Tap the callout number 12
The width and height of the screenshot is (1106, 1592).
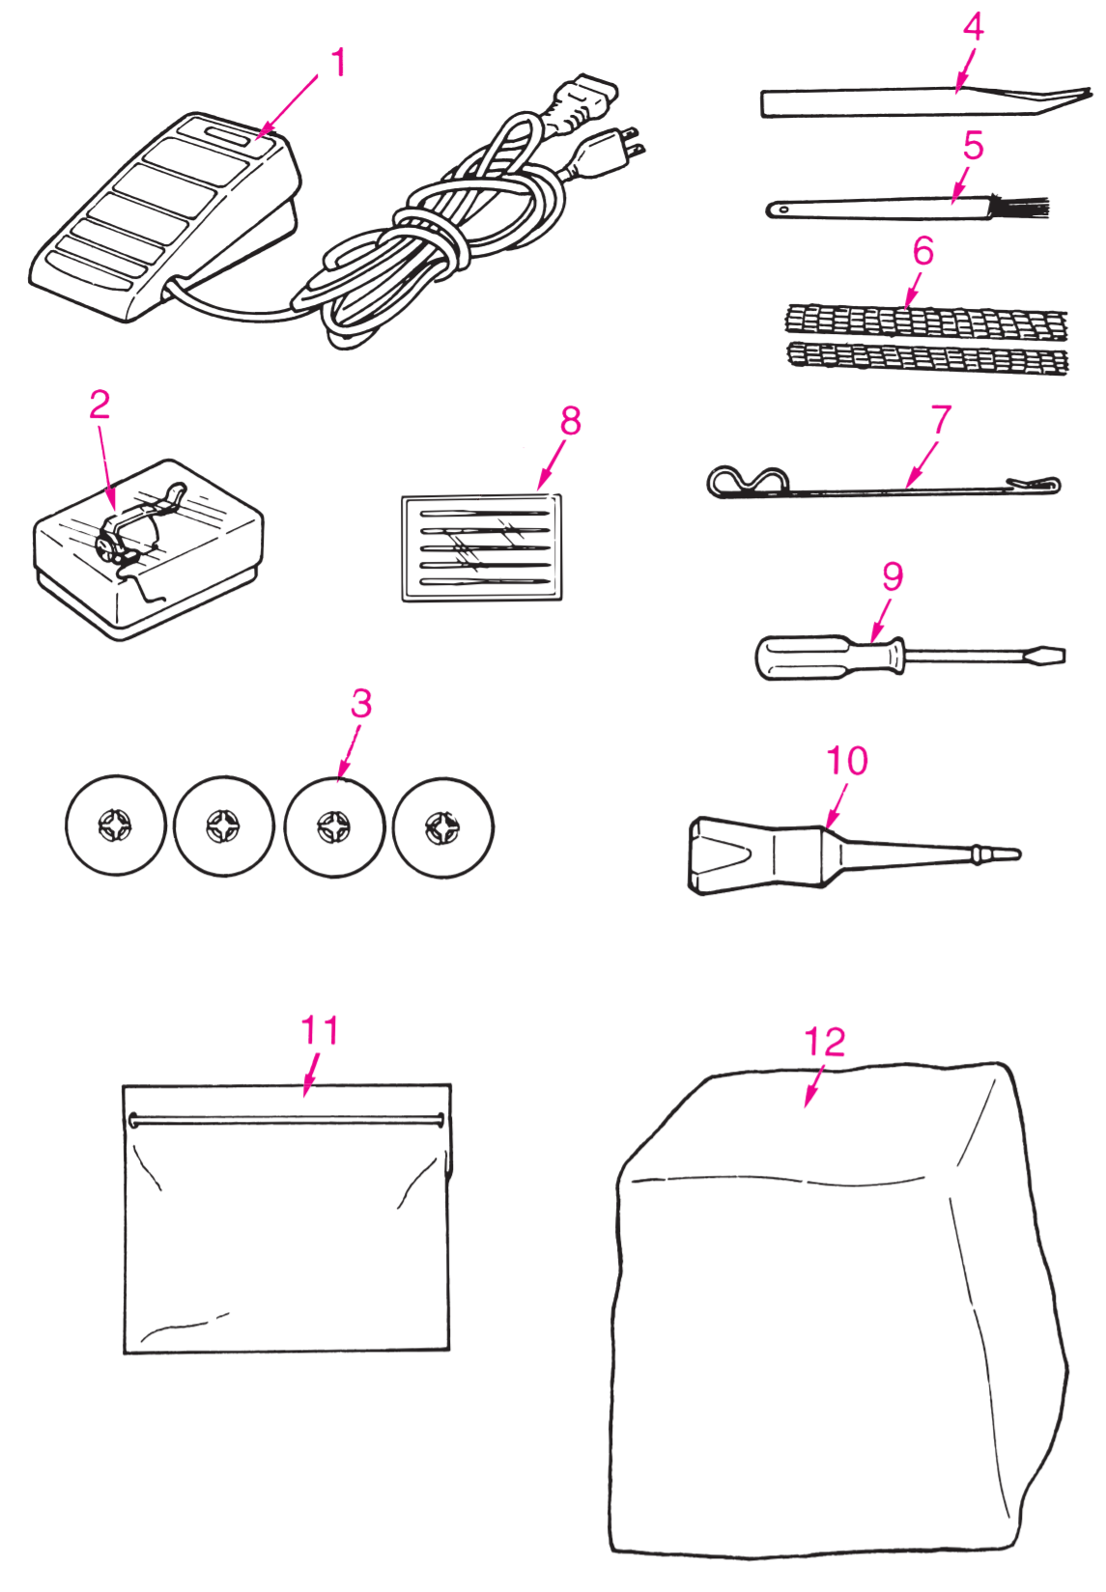coord(824,1042)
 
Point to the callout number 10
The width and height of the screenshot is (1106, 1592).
coord(846,760)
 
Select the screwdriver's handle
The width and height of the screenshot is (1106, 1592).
coord(830,657)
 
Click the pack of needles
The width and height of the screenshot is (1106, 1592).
coord(481,548)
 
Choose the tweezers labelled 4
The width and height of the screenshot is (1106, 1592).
coord(925,101)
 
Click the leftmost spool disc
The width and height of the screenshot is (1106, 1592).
coord(115,825)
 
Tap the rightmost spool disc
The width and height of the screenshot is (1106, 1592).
coord(442,825)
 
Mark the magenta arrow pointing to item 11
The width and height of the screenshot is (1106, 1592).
coord(310,1075)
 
